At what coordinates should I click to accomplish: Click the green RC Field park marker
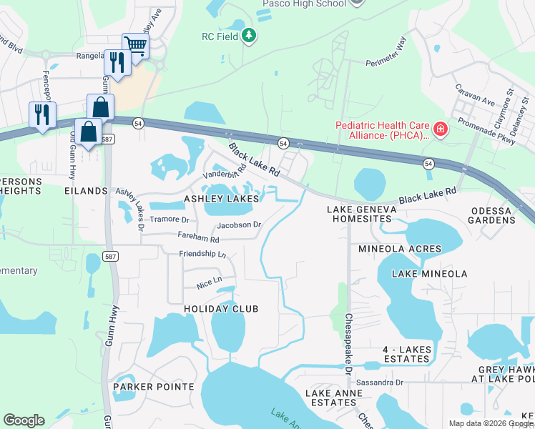click(x=249, y=36)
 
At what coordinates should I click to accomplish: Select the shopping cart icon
click(x=134, y=46)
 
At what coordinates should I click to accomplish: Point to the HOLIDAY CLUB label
click(x=221, y=308)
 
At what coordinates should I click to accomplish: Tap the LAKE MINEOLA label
click(x=429, y=274)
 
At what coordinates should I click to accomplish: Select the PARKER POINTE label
click(x=153, y=387)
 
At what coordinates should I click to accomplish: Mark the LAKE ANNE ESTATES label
click(x=330, y=398)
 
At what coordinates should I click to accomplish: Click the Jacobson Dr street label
click(x=239, y=225)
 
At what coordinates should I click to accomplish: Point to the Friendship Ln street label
click(x=202, y=254)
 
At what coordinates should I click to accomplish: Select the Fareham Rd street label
click(x=199, y=237)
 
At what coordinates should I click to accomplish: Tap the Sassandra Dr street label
click(x=380, y=383)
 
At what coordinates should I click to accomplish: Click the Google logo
click(x=24, y=420)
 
